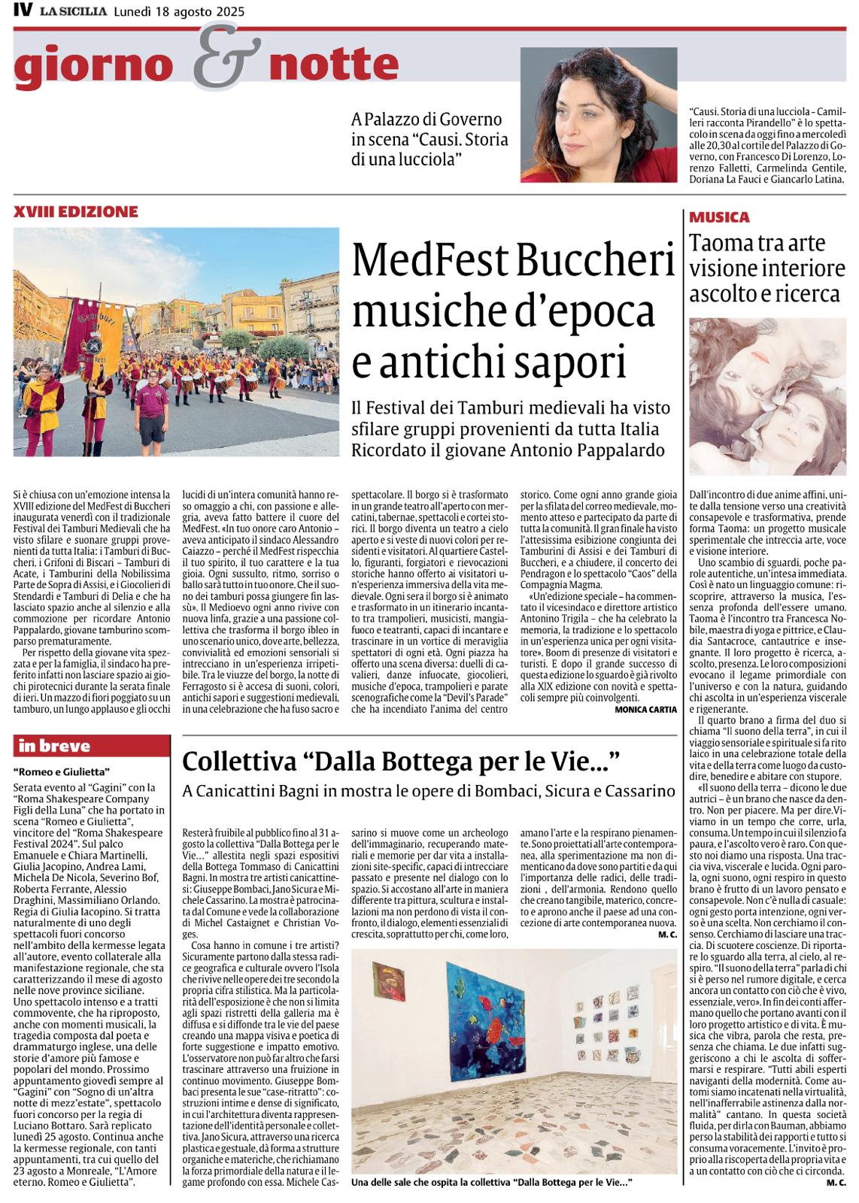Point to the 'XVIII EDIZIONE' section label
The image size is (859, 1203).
click(x=74, y=211)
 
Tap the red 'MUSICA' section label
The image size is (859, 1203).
click(x=720, y=217)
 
